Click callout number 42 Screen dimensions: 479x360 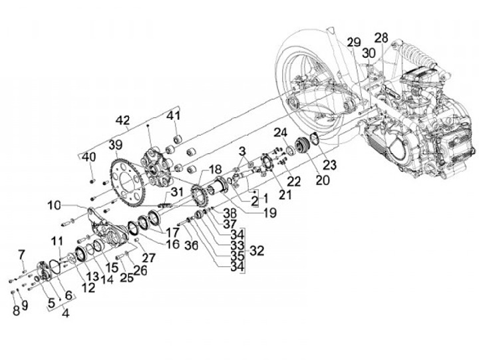(x=123, y=120)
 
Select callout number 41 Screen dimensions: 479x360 (x=173, y=116)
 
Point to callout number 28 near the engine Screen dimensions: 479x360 (x=381, y=38)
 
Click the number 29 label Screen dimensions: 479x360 (x=354, y=43)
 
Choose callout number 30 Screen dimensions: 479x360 (x=369, y=53)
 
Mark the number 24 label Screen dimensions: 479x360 (x=281, y=132)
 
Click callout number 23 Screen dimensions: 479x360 (x=329, y=165)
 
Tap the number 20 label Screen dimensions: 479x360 (x=323, y=180)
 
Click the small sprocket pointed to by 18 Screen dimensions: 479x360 (x=200, y=195)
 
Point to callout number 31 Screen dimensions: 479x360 (x=176, y=192)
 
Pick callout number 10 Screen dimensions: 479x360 (x=54, y=206)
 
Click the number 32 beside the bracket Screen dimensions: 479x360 (x=257, y=251)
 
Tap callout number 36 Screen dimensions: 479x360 (x=191, y=245)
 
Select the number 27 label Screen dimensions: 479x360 (x=148, y=258)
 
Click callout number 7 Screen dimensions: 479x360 (x=21, y=254)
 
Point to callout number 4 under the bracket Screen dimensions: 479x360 (x=65, y=313)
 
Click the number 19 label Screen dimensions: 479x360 (x=269, y=213)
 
